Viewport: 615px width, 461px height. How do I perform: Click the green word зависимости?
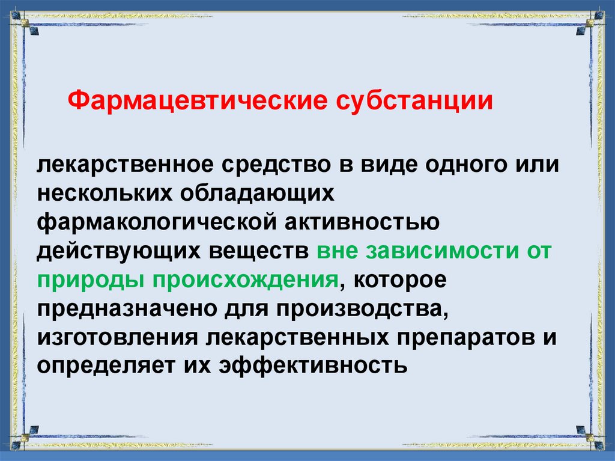pyautogui.click(x=434, y=251)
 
